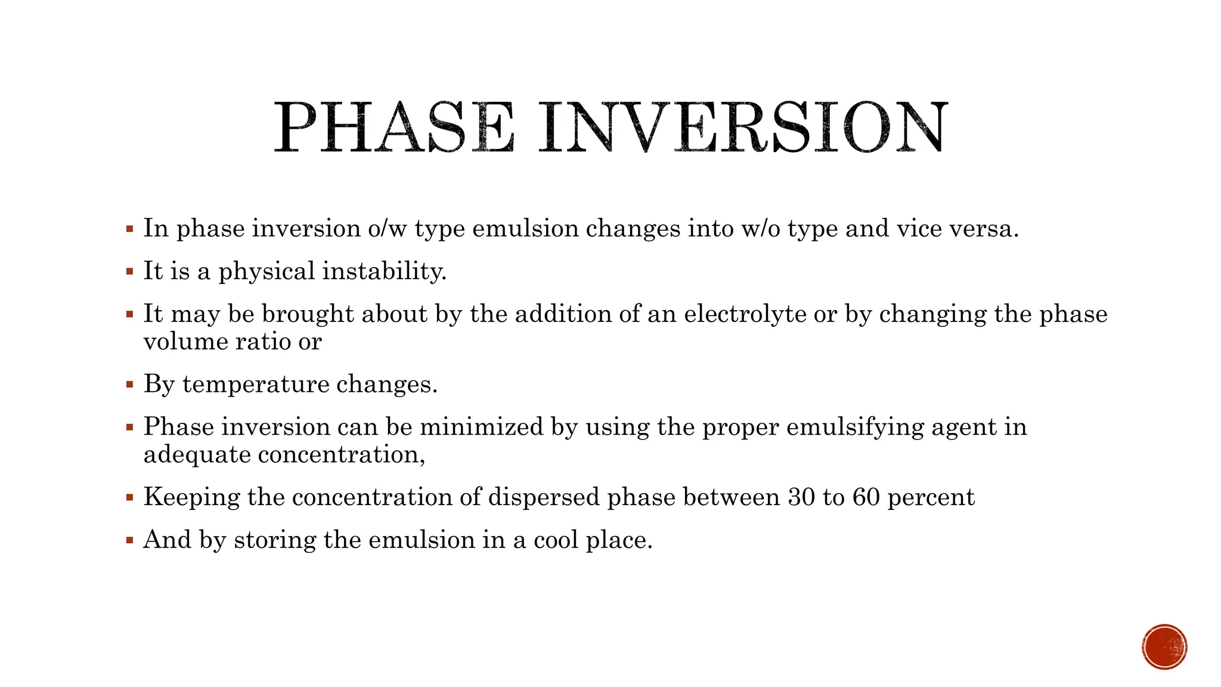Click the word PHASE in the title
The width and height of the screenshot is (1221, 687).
point(393,127)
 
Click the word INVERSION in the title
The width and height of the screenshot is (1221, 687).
point(742,127)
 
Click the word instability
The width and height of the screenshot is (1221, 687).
point(384,271)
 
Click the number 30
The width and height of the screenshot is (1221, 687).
point(801,497)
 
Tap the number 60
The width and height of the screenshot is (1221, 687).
point(866,497)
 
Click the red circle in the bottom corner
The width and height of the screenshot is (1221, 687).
point(1164,647)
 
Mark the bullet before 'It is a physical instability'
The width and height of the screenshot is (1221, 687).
point(129,271)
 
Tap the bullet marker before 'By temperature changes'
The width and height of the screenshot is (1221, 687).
point(129,385)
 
